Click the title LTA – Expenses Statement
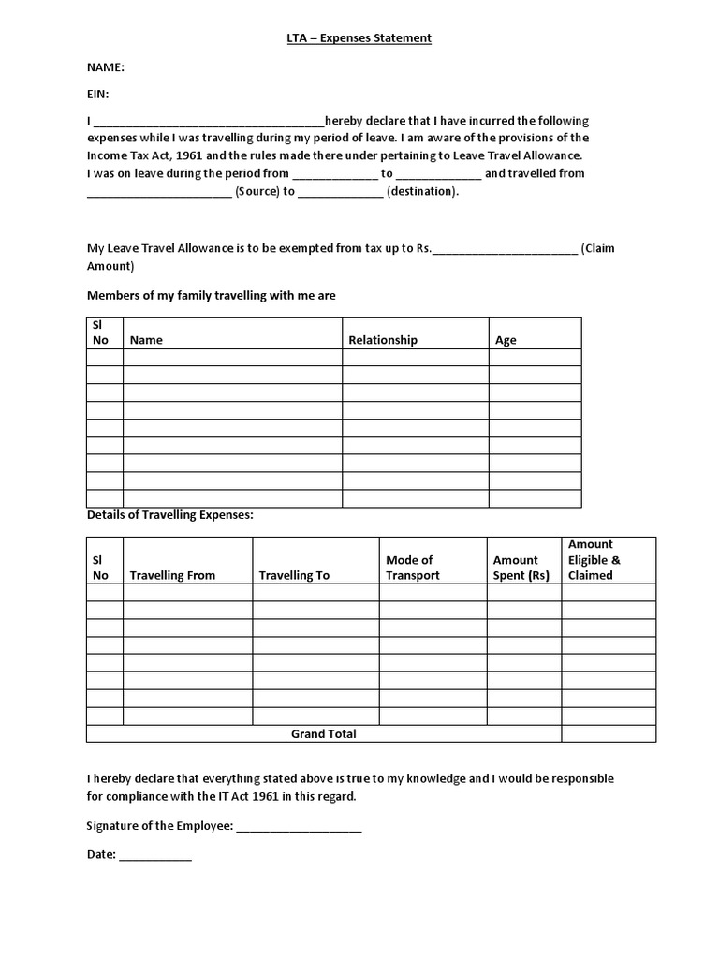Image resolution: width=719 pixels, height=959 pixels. [359, 37]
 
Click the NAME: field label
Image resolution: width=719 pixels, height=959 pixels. [106, 67]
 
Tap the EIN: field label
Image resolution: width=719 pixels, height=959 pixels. [98, 94]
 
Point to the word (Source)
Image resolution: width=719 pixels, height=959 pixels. [257, 191]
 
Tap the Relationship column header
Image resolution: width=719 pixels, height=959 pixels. [383, 340]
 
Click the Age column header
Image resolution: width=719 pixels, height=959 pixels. [506, 340]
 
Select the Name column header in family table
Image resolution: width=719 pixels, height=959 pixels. [146, 340]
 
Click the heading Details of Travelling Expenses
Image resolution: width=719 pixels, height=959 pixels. [169, 515]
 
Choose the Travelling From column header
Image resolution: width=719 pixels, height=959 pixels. [172, 575]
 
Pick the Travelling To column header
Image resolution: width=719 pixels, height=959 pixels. [294, 575]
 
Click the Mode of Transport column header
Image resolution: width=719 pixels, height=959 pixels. [412, 568]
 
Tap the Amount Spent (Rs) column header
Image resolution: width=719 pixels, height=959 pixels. [521, 568]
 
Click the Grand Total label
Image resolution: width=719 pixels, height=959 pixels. [323, 734]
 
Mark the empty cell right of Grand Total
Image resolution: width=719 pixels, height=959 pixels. [609, 734]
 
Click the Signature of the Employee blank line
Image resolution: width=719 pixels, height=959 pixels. [299, 827]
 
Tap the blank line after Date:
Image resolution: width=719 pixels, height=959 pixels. [155, 855]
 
